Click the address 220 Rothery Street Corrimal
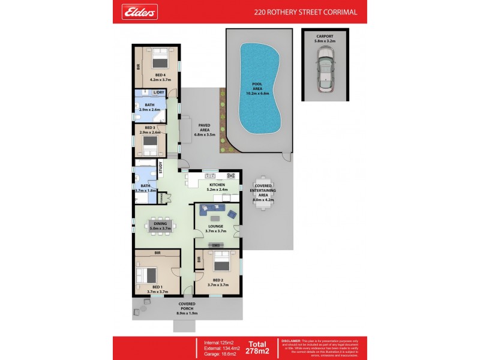(x=305, y=11)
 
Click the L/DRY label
(x=158, y=92)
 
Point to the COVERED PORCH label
(x=187, y=310)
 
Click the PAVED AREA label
(x=204, y=129)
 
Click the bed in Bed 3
(x=150, y=145)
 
